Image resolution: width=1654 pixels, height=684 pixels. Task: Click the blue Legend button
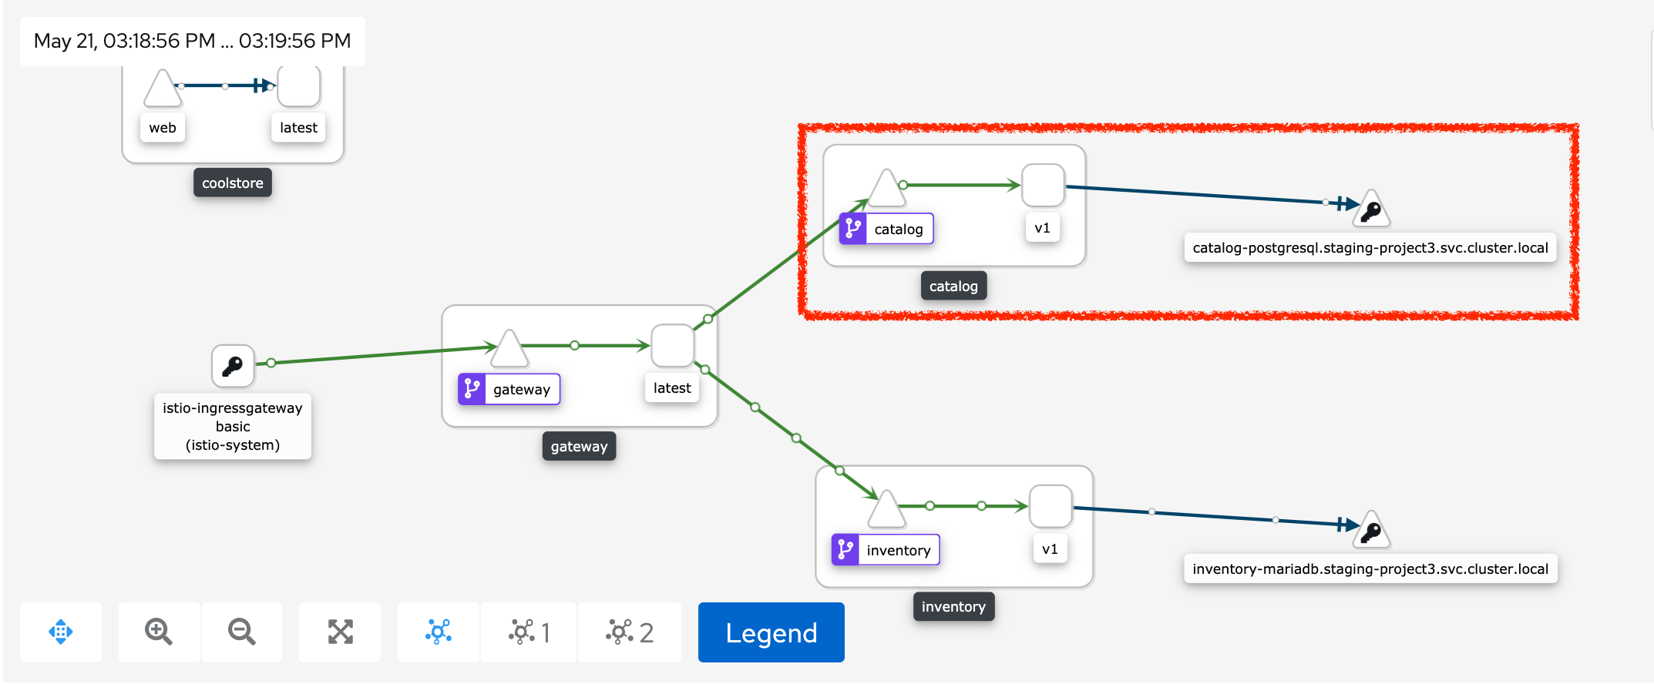(x=771, y=632)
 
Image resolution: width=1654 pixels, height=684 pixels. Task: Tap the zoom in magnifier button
(x=159, y=632)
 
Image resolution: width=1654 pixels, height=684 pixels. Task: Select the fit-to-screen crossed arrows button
(x=340, y=632)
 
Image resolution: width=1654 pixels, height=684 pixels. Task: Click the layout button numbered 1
(x=529, y=632)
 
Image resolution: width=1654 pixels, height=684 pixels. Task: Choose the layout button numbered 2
(x=629, y=632)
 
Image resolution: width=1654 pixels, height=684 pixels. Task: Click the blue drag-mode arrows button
(x=61, y=632)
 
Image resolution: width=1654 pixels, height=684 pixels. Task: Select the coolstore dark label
(x=232, y=183)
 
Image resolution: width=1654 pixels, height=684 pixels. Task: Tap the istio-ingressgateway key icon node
(x=233, y=365)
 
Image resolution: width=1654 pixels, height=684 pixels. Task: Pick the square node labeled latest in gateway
(x=672, y=345)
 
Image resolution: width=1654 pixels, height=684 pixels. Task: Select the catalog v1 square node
(x=1043, y=185)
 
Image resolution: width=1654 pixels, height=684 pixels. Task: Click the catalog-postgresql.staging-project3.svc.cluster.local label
(x=1370, y=248)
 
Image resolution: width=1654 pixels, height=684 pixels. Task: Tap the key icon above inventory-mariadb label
(x=1371, y=531)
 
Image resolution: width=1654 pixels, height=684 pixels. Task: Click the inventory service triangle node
(x=886, y=510)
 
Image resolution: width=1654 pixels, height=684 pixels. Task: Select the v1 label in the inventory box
(x=1050, y=549)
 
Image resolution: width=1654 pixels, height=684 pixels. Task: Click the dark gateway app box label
(x=579, y=446)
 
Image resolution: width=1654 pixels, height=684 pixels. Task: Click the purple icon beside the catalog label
(x=853, y=229)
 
